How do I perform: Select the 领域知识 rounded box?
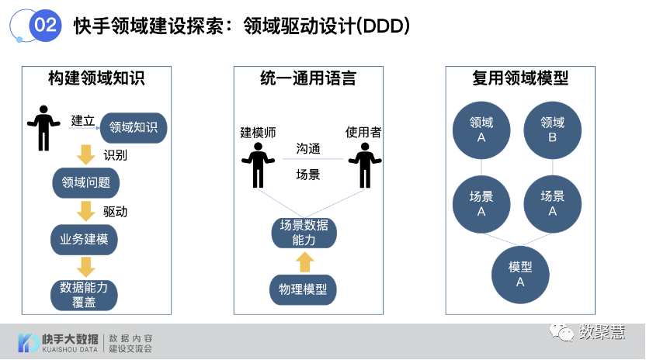133,127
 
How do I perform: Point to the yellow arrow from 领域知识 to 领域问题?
85,154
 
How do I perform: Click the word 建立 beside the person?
82,120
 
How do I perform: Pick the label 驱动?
115,211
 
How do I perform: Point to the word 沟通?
308,148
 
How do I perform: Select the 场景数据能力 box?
304,232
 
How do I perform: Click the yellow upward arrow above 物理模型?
304,261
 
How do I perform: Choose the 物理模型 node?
303,290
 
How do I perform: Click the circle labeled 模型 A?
520,274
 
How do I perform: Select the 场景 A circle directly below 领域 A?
481,203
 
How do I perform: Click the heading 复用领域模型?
519,78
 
